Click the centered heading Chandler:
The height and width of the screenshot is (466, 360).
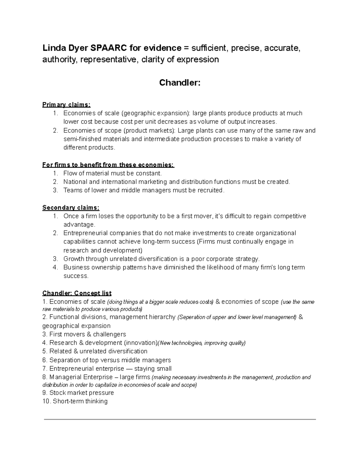179,83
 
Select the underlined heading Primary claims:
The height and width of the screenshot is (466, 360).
66,105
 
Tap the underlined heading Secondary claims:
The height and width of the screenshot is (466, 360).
71,208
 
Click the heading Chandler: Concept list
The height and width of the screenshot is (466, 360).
77,293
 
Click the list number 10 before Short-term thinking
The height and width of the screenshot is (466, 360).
46,401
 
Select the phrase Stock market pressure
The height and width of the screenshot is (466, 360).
82,393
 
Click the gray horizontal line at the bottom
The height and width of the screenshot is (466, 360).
180,419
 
